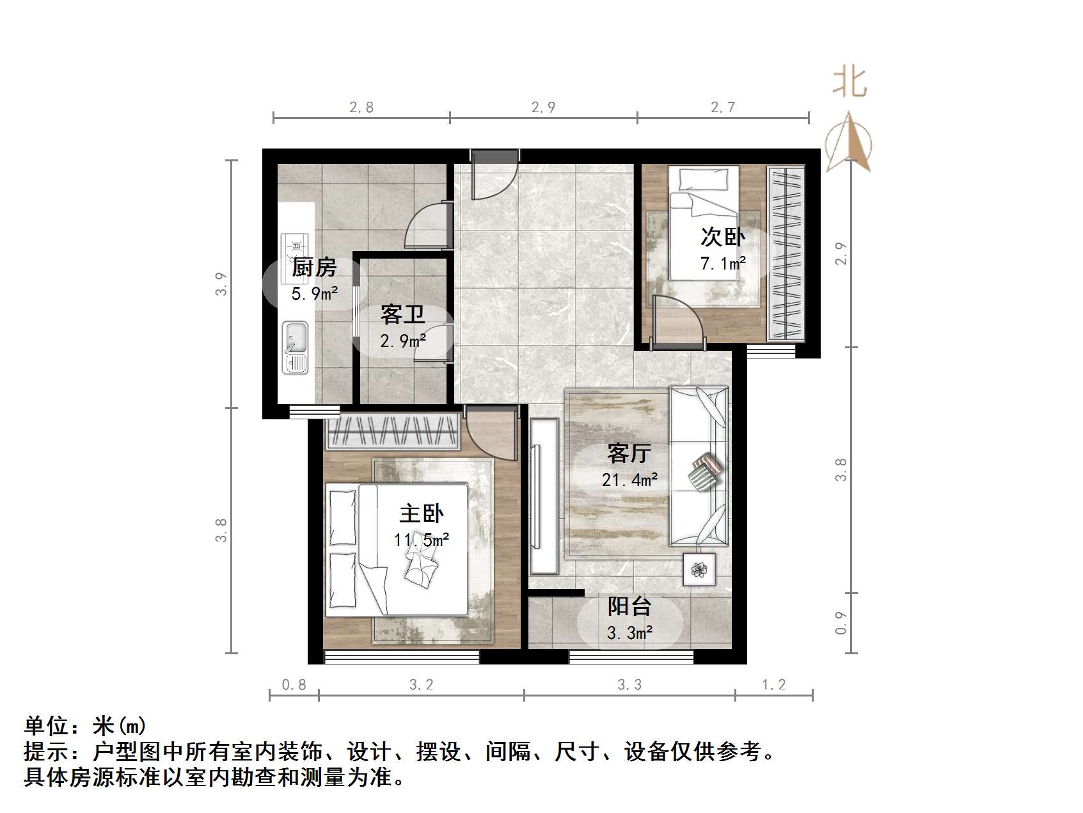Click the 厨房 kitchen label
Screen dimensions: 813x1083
314,267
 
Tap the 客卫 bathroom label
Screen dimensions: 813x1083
402,314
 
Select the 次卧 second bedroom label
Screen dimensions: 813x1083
723,237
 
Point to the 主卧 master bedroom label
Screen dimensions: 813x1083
421,513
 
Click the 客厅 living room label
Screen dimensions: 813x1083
629,453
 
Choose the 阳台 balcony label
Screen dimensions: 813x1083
629,606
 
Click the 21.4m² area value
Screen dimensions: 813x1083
629,479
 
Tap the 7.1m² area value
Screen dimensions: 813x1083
723,263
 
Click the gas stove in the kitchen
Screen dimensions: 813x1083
295,246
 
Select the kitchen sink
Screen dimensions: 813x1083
296,347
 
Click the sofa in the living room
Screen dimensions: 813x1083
699,466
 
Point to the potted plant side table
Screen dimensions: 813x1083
699,568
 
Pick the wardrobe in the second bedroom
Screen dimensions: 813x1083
786,254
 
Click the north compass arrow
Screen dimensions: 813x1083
849,142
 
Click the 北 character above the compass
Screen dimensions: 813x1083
850,83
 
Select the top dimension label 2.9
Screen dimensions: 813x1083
543,107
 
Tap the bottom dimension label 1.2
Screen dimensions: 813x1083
773,685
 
